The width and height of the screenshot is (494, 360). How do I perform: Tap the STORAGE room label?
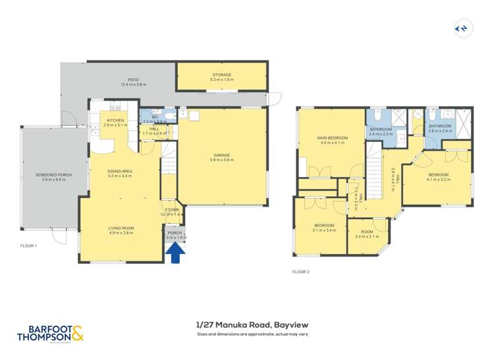coord(221,75)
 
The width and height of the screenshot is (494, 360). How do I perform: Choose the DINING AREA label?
coord(120,174)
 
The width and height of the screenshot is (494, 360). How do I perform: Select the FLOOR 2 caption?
coord(301,271)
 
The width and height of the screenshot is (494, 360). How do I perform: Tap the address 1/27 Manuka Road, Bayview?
coord(252,324)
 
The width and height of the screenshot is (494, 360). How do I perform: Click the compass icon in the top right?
coord(462,28)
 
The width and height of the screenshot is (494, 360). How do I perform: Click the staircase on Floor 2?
coord(375,172)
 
